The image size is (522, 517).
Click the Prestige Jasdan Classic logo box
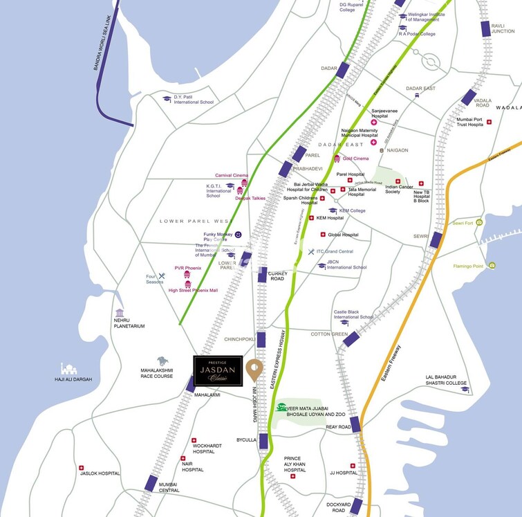click(218, 372)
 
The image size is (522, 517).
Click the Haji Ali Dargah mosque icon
click(69, 368)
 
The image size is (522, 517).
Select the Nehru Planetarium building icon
click(120, 314)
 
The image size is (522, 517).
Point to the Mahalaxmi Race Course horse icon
click(162, 361)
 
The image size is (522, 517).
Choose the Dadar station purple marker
click(343, 71)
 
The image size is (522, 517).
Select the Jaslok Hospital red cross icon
click(82, 467)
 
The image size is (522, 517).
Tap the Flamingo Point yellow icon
click(491, 265)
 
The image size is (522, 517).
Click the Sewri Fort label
click(464, 223)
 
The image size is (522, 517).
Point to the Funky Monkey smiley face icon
click(238, 235)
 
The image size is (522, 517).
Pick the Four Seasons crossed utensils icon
click(162, 277)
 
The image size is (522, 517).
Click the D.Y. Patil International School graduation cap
click(167, 98)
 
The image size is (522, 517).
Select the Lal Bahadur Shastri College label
click(446, 381)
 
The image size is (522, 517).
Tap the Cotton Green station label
click(329, 334)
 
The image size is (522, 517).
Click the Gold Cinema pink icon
click(337, 158)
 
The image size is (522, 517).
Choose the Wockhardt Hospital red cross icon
click(194, 440)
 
